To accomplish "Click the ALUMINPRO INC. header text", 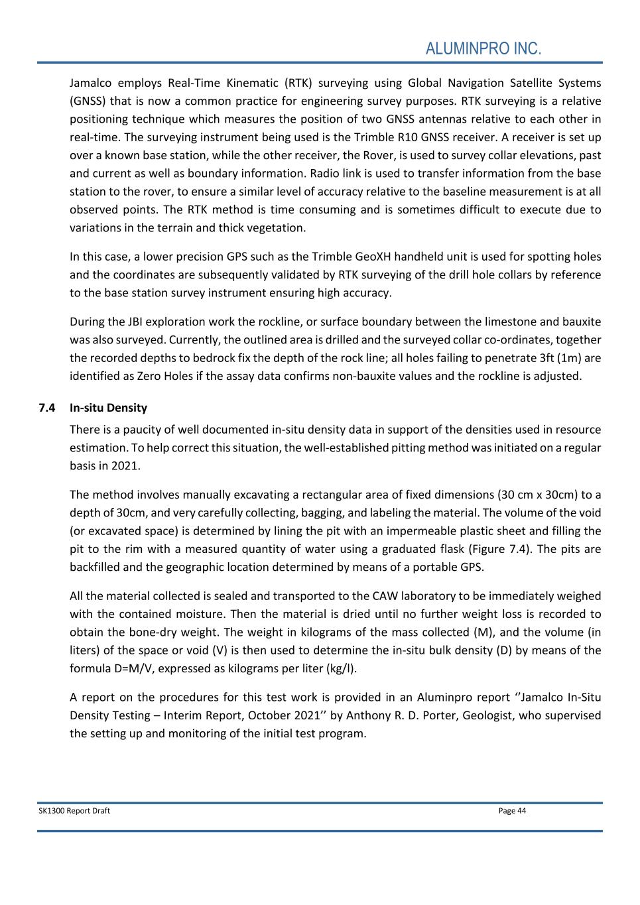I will [x=483, y=48].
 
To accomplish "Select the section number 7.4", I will [x=46, y=408].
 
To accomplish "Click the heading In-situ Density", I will [x=108, y=408].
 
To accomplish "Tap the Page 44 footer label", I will [x=512, y=810].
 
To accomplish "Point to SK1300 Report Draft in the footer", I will [x=74, y=810].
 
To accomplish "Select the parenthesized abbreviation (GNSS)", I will [x=88, y=101].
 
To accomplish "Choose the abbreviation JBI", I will [x=135, y=322].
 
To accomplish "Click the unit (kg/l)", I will [x=340, y=668].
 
